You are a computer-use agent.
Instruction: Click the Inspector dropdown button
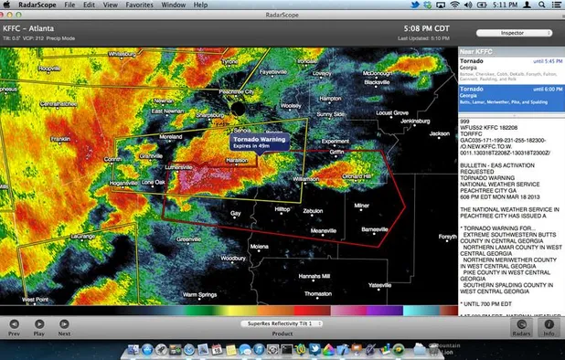coord(511,34)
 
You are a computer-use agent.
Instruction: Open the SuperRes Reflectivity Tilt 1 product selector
coord(283,323)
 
